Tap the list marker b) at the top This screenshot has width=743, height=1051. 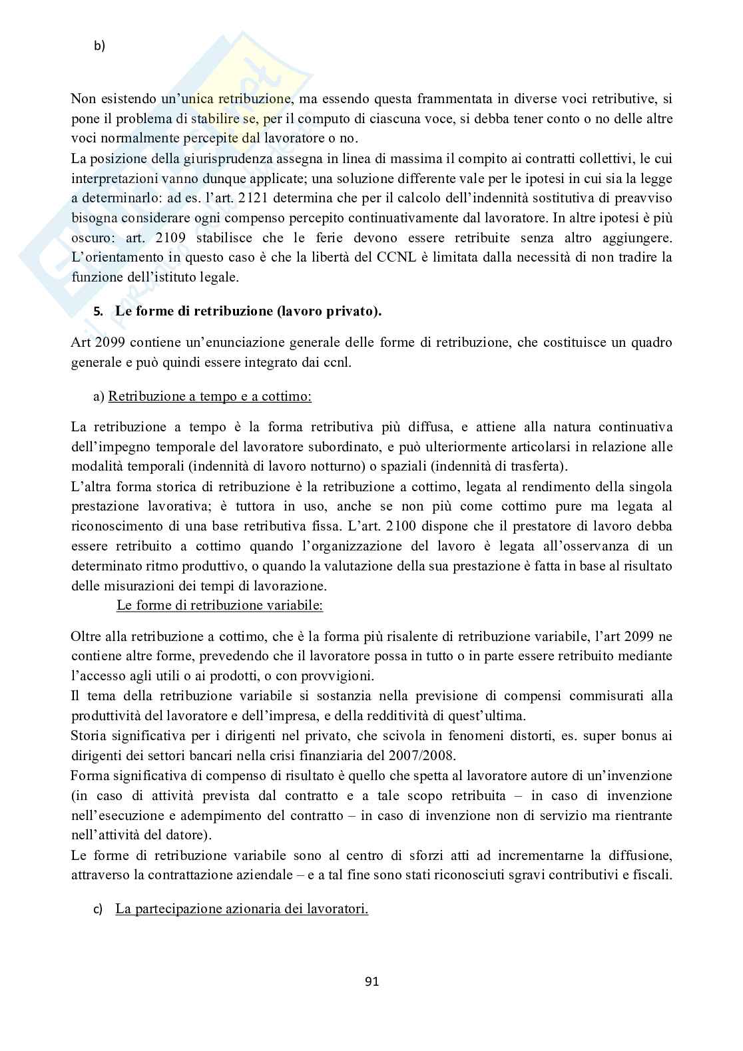pyautogui.click(x=100, y=46)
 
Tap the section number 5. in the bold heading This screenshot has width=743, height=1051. pyautogui.click(x=98, y=312)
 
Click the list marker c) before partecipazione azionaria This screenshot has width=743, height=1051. pyautogui.click(x=98, y=909)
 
